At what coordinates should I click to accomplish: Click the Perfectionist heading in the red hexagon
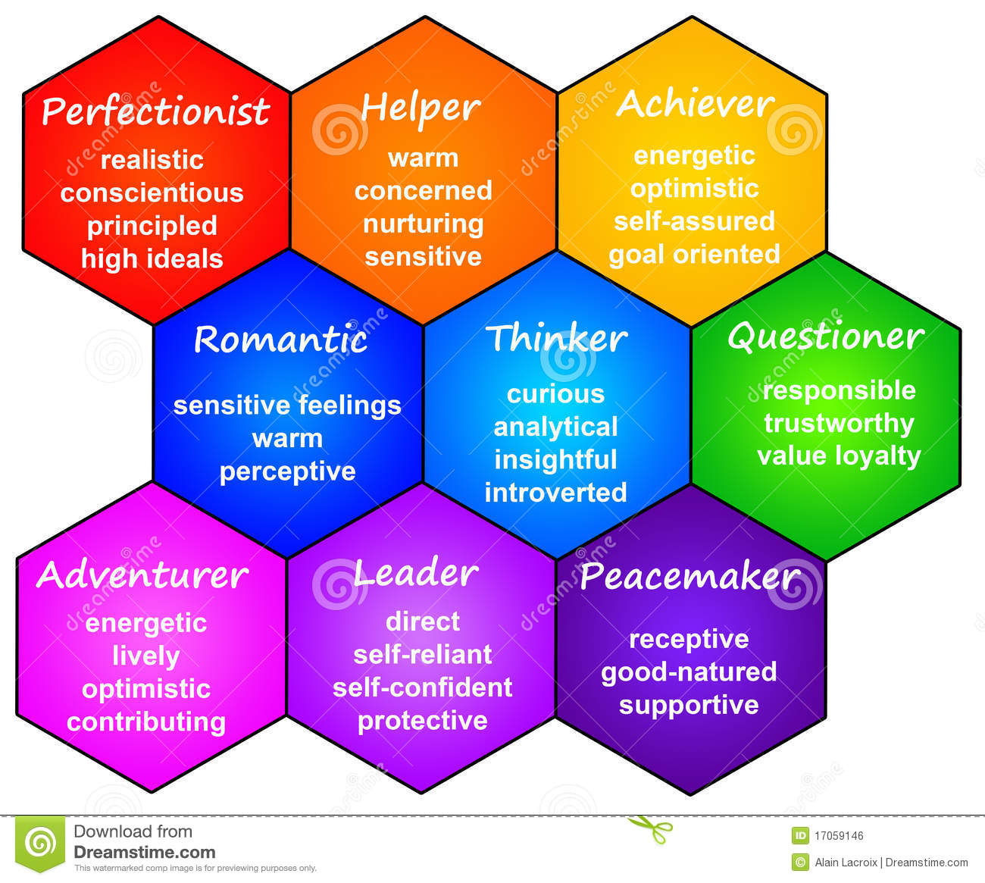(x=155, y=111)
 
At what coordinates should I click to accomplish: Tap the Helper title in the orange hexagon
(x=421, y=108)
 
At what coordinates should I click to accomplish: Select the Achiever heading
(x=695, y=104)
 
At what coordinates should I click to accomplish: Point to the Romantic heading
(x=280, y=339)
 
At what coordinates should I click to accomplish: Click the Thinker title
(x=556, y=338)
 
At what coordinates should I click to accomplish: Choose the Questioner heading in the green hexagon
(x=826, y=337)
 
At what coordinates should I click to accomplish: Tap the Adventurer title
(x=142, y=575)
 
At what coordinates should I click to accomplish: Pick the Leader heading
(x=416, y=573)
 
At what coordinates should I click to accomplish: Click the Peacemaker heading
(x=689, y=577)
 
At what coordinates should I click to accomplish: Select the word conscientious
(x=152, y=193)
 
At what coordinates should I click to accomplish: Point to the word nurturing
(x=424, y=224)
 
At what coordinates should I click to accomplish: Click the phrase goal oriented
(x=694, y=255)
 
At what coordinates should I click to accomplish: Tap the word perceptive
(x=288, y=471)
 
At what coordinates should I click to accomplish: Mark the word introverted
(x=556, y=493)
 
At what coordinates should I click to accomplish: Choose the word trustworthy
(x=839, y=423)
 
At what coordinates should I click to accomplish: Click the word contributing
(x=146, y=722)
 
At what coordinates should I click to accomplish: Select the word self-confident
(x=423, y=687)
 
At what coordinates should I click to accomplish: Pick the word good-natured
(x=689, y=672)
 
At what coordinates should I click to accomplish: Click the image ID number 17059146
(x=839, y=836)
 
